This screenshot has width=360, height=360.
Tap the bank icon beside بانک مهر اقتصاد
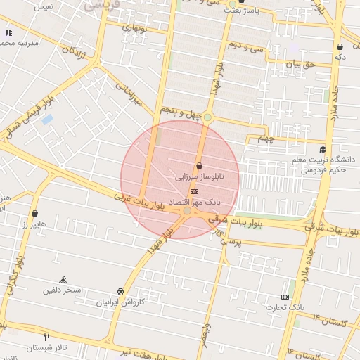(x=195, y=191)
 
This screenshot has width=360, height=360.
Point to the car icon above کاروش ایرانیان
(x=121, y=291)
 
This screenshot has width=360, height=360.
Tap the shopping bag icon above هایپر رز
(x=34, y=212)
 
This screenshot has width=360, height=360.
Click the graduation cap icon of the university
(x=323, y=149)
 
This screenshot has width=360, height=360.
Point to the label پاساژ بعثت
(x=242, y=11)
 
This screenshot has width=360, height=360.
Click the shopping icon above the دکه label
(x=340, y=46)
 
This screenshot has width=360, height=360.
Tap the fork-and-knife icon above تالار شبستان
(x=47, y=337)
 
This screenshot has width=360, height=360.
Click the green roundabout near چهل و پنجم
(x=207, y=117)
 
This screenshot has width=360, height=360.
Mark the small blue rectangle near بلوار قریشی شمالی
(x=47, y=120)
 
